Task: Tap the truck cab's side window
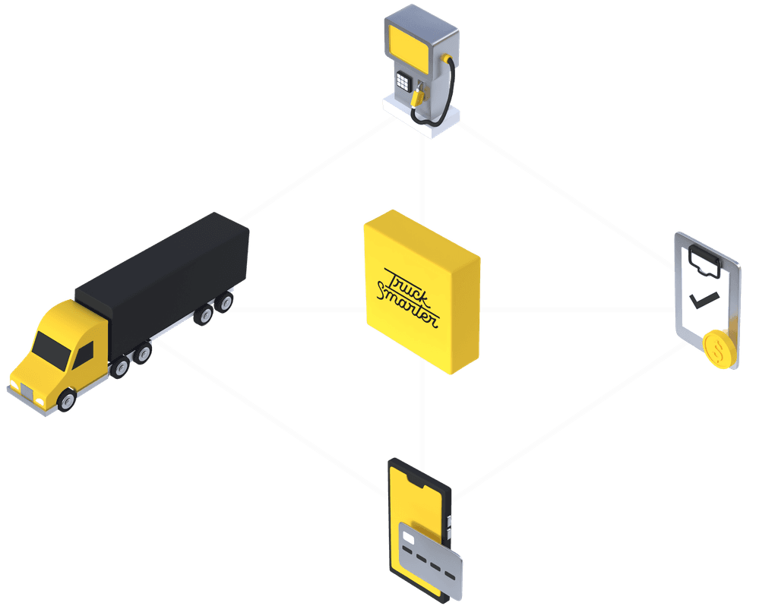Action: [x=84, y=352]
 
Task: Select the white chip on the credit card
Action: [x=408, y=538]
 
